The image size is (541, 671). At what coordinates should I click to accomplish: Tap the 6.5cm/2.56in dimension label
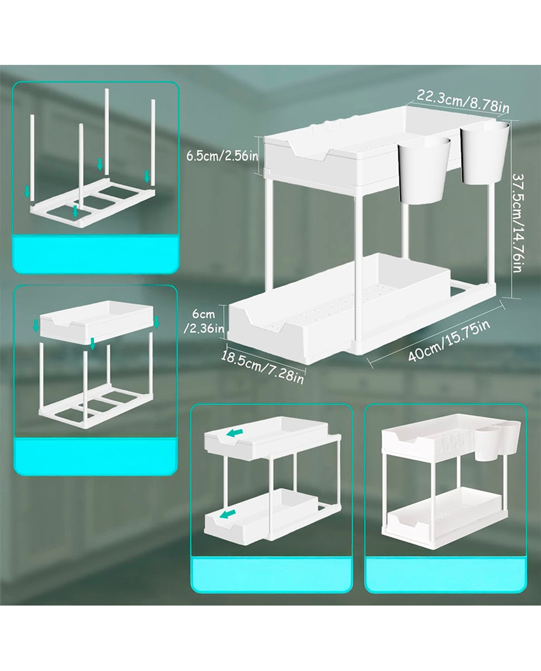[222, 155]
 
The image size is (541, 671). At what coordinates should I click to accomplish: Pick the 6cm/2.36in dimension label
[204, 321]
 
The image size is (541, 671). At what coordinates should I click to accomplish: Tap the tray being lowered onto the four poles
[96, 322]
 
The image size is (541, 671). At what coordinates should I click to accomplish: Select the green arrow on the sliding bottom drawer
[228, 513]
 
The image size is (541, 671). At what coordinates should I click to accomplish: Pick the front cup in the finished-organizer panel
[486, 443]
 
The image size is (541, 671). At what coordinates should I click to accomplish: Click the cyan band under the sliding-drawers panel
[271, 575]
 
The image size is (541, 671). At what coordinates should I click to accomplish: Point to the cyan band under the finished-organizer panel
[445, 575]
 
